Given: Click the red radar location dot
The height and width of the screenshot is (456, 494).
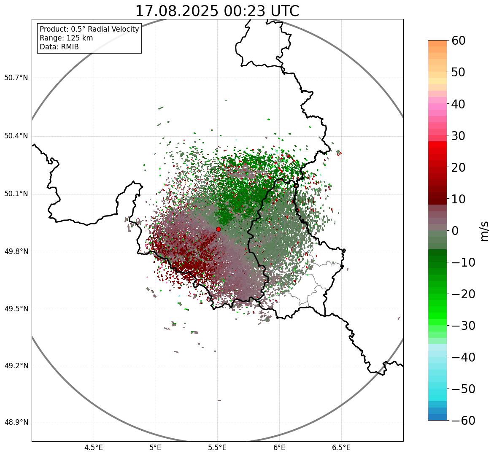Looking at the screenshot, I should [x=218, y=229].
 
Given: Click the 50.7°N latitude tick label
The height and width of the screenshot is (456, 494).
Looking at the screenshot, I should [x=16, y=78].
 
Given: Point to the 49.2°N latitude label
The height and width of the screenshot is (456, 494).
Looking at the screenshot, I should [x=16, y=366].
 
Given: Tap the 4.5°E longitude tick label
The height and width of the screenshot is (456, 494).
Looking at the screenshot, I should [x=94, y=448].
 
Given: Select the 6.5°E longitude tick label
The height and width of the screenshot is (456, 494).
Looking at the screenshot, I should [x=341, y=448].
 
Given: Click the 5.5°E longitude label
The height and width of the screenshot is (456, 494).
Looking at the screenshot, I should [x=217, y=448].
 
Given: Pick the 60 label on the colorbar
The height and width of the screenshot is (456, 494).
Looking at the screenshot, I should [x=459, y=40].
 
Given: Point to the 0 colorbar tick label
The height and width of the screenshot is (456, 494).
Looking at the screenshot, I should [x=455, y=231].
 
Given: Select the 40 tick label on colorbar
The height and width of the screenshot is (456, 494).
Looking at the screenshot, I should [x=459, y=104].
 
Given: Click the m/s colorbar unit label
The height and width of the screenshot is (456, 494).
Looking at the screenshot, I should [x=484, y=231].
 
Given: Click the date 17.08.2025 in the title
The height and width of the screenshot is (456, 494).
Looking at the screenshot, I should [x=176, y=11].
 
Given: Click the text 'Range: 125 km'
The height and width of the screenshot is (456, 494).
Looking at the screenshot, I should [x=66, y=38].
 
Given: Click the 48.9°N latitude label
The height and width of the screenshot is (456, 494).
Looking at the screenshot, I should [x=16, y=423].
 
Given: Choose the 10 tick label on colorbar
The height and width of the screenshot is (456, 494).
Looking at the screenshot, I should [x=459, y=199].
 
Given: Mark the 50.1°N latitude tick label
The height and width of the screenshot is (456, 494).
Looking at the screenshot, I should [x=16, y=194].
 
